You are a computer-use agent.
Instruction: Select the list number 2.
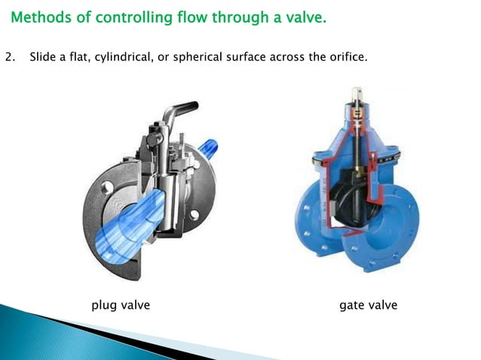pyautogui.click(x=8, y=56)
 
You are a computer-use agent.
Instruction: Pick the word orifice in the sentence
pyautogui.click(x=348, y=56)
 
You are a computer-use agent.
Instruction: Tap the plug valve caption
pyautogui.click(x=121, y=305)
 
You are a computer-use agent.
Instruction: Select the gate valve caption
pyautogui.click(x=368, y=305)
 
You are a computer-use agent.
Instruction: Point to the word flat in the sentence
pyautogui.click(x=83, y=56)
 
